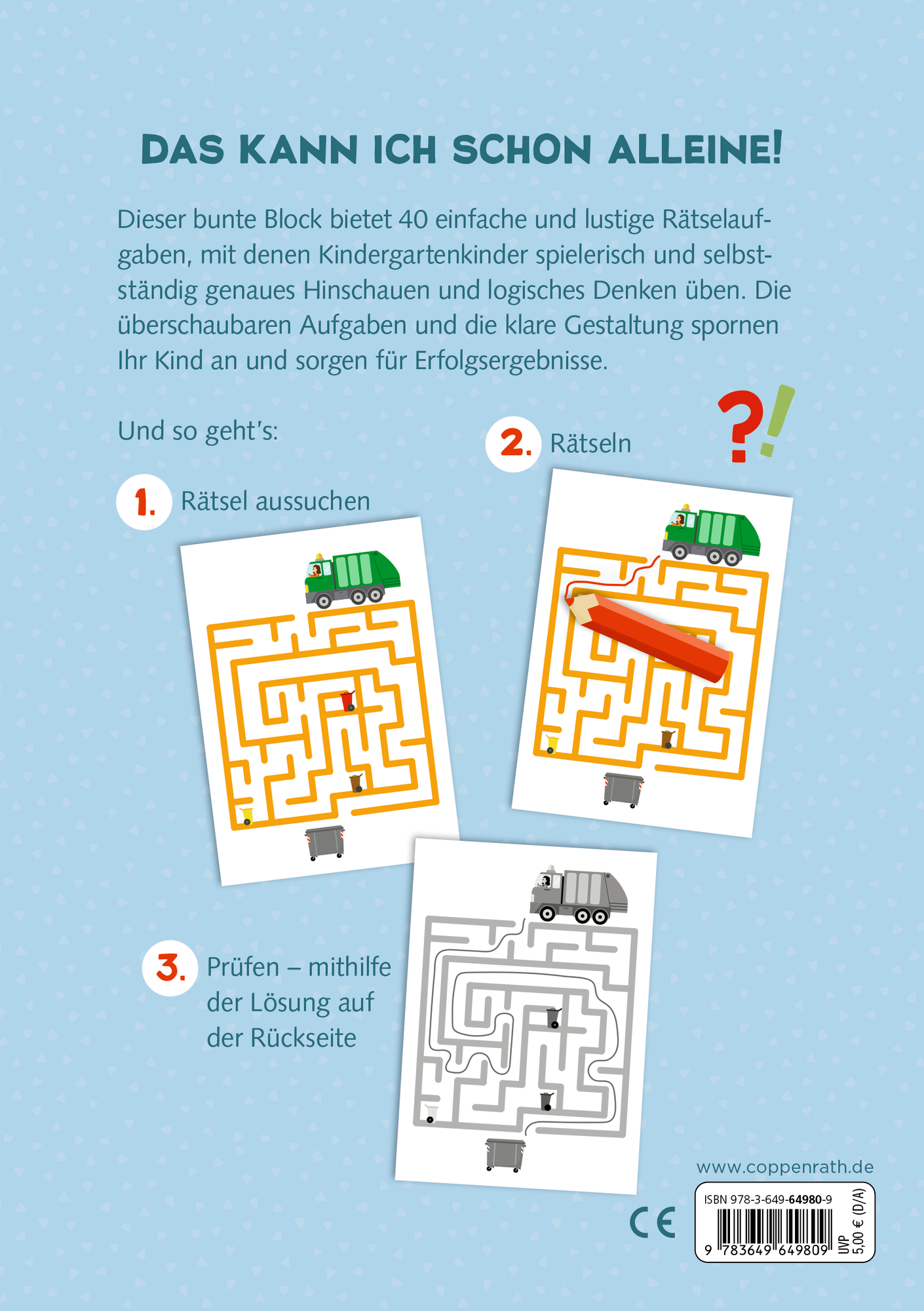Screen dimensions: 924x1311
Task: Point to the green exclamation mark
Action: (777, 421)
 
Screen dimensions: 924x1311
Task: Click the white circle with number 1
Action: (144, 502)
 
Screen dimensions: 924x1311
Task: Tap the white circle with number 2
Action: (513, 444)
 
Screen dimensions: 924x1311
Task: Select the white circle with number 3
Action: (170, 968)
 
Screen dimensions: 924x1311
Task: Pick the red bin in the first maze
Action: (347, 701)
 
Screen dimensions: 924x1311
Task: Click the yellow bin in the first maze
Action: (246, 815)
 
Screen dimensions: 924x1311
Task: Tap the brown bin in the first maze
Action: (356, 783)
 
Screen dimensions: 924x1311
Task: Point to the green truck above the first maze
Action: (352, 579)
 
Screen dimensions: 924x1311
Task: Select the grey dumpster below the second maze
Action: (623, 789)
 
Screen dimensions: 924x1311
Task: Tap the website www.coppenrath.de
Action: (784, 1167)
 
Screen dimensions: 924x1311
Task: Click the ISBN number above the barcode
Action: (768, 1199)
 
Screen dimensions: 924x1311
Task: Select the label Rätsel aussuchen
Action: (275, 501)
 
